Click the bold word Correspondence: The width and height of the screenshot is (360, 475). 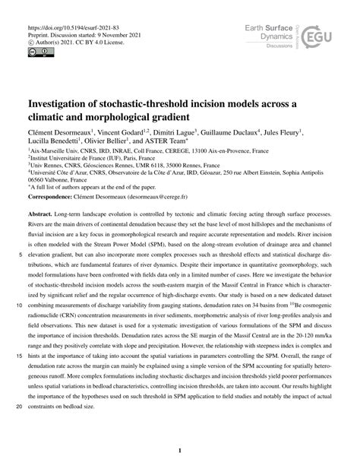55,196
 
